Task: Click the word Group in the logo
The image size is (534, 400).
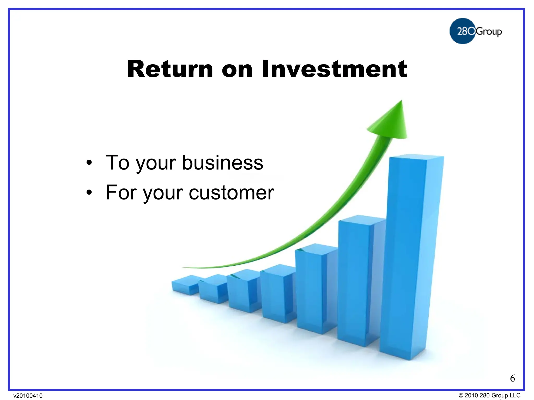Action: (489, 32)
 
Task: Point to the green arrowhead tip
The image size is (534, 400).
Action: (401, 102)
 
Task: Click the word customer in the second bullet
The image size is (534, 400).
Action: (231, 193)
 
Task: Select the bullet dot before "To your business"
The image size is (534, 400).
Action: (89, 163)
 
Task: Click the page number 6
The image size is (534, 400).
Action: (512, 378)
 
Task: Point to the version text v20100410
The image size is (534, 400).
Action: (28, 396)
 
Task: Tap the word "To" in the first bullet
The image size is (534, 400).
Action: (117, 163)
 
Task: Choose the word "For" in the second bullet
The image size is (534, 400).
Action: (121, 193)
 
